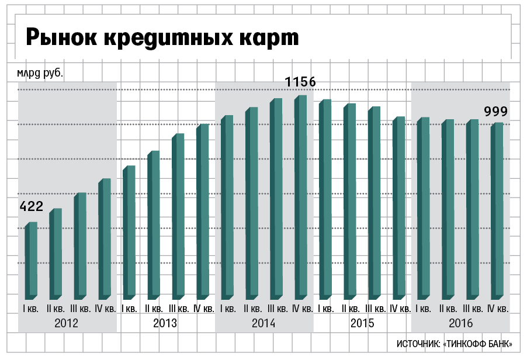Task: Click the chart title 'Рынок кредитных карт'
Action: pos(162,37)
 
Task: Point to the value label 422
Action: pos(31,206)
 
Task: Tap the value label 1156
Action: pos(300,82)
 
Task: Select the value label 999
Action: pos(496,112)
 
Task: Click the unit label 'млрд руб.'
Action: pos(39,74)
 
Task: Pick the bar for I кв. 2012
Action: pos(31,260)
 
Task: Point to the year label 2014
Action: pos(263,323)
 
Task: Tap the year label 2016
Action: pos(460,323)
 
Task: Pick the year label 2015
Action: pos(362,323)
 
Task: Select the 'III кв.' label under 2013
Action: pos(179,309)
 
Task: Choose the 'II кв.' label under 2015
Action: pos(350,309)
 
